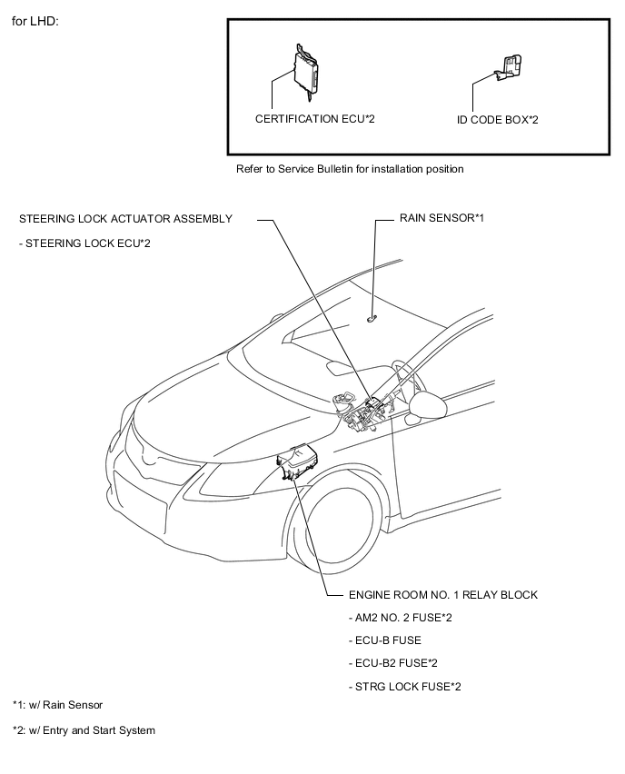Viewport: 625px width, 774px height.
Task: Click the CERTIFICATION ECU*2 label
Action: coord(314,119)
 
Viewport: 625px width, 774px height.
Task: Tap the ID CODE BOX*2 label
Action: coord(497,119)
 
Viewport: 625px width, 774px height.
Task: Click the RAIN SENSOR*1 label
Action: coord(441,218)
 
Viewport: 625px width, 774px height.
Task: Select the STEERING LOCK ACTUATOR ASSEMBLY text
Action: coord(125,218)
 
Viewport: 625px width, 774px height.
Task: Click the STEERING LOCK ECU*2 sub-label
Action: coord(84,243)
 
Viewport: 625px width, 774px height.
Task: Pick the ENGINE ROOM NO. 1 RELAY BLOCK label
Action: coord(442,595)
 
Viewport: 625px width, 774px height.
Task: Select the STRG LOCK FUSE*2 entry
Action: coord(404,686)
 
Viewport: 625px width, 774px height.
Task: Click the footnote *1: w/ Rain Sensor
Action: coord(57,705)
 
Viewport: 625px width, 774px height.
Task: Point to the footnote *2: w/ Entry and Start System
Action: coord(84,730)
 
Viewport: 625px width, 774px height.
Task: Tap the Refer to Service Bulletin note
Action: coord(350,169)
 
